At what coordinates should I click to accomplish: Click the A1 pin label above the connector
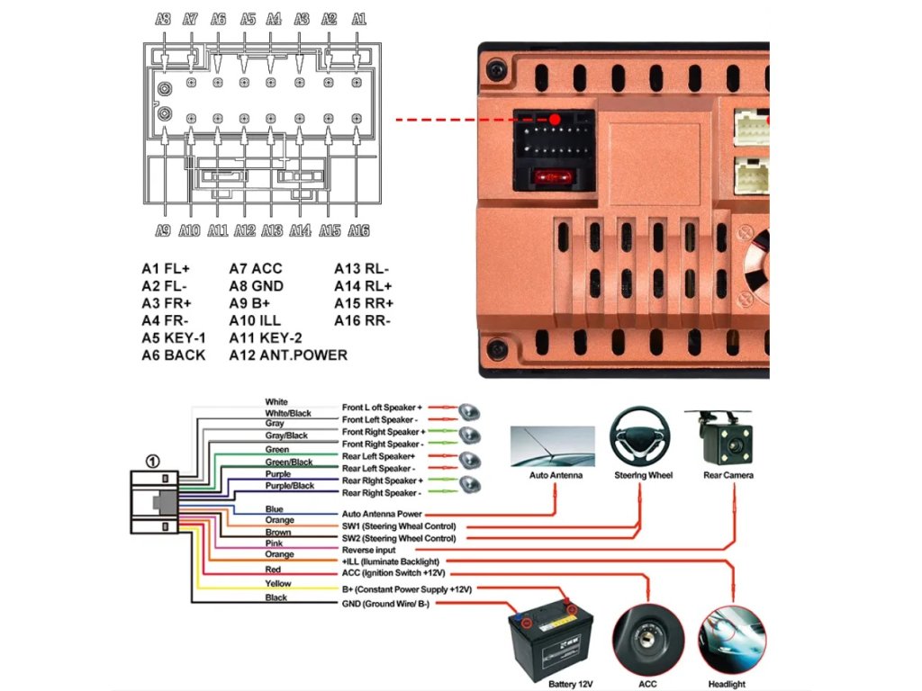click(x=358, y=18)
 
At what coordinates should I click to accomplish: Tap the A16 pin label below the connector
click(x=358, y=230)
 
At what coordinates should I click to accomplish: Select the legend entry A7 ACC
click(x=256, y=268)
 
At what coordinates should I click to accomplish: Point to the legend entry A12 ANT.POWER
click(x=287, y=354)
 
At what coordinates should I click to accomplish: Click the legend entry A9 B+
click(x=249, y=303)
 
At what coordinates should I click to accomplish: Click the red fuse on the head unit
click(x=552, y=178)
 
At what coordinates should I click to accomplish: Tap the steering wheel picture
click(x=642, y=435)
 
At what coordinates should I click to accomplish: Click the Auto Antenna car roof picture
click(x=552, y=446)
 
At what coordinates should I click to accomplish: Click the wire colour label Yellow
click(x=277, y=584)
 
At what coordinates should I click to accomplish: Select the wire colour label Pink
click(x=275, y=543)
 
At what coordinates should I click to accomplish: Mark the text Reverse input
click(x=367, y=550)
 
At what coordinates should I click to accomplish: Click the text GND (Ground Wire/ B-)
click(x=385, y=605)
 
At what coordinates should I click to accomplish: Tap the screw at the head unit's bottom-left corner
click(x=494, y=347)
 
